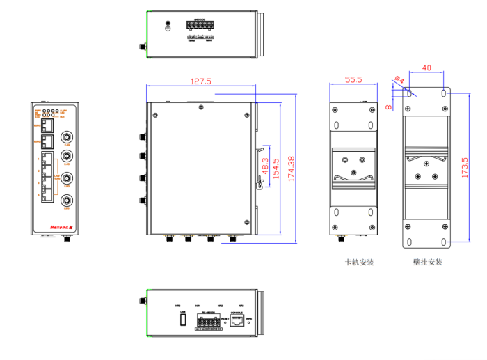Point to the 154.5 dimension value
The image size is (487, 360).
tap(276, 169)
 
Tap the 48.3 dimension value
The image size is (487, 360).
tap(265, 169)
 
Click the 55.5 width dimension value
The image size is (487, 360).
tap(353, 80)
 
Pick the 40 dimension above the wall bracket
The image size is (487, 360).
tap(426, 68)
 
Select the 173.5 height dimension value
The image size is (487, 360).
tap(464, 167)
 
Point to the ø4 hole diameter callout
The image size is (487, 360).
tap(399, 79)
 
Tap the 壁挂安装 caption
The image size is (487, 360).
tap(427, 263)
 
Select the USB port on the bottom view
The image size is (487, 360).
tap(183, 320)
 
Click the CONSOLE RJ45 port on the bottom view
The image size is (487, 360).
tap(238, 322)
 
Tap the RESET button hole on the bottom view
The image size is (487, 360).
tap(225, 322)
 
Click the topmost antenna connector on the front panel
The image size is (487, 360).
tap(67, 136)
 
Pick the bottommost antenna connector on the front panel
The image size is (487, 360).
tap(67, 198)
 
